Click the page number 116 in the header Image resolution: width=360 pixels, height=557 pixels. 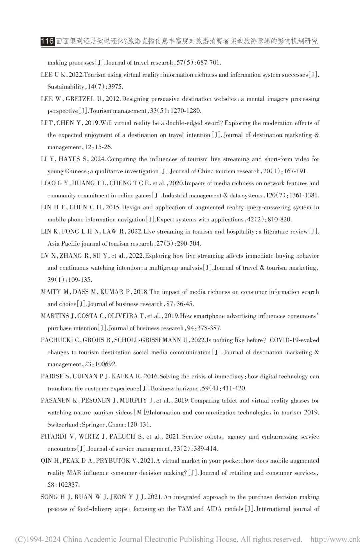click(x=47, y=41)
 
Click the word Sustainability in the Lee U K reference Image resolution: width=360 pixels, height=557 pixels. click(x=66, y=87)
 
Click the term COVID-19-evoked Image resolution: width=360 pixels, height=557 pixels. click(x=294, y=340)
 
